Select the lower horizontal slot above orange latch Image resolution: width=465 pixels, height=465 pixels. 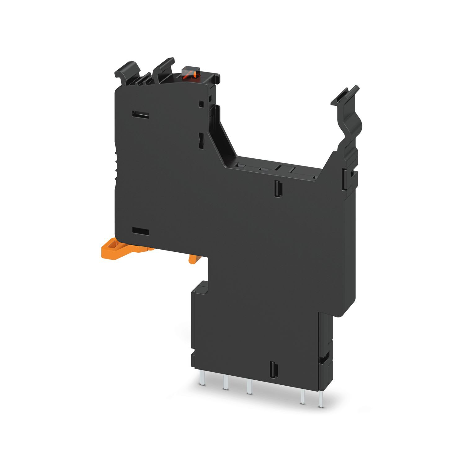[140, 231]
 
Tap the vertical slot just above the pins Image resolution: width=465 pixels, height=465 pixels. [273, 370]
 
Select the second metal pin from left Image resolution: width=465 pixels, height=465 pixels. [225, 389]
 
